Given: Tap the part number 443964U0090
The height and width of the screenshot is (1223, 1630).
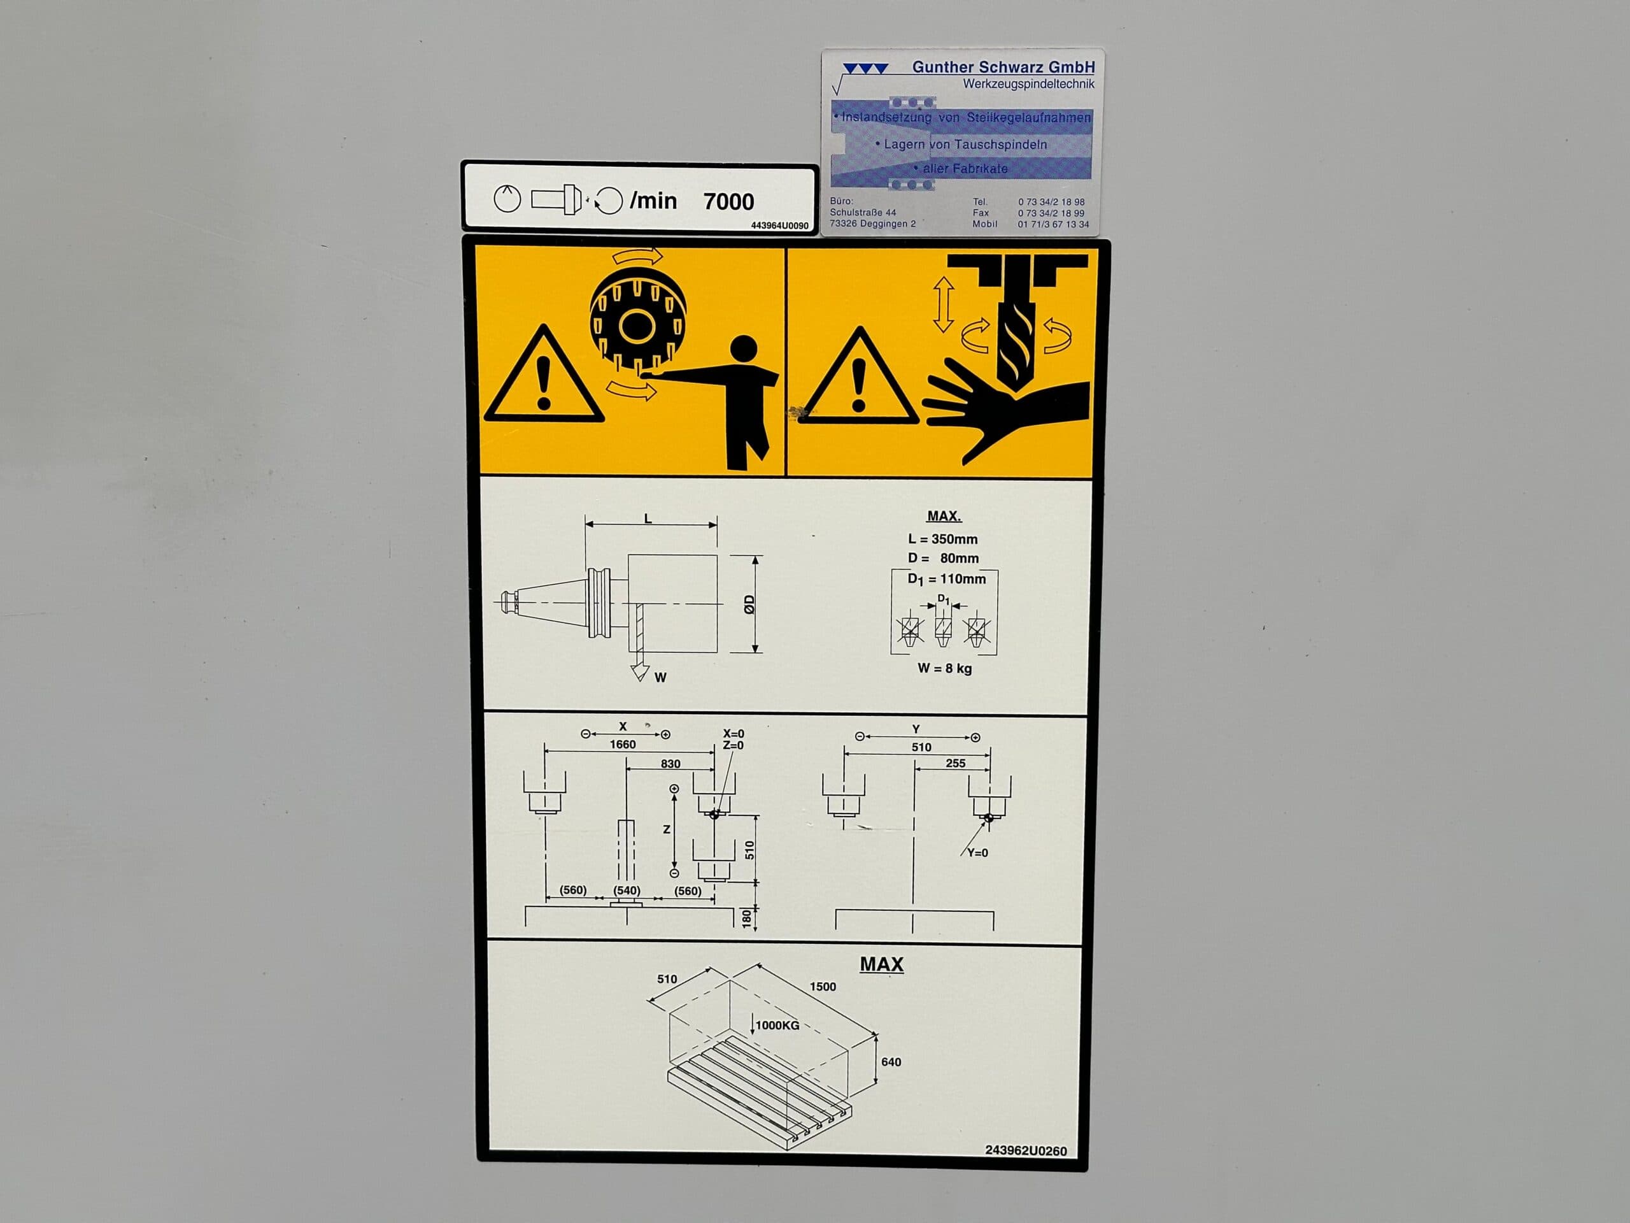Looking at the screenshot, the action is point(779,225).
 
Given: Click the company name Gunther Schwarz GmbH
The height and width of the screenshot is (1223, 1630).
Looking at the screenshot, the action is point(1003,67).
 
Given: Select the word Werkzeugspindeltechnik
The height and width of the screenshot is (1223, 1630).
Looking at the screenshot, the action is point(1029,84).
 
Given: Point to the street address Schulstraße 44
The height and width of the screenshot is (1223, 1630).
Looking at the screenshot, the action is point(863,212).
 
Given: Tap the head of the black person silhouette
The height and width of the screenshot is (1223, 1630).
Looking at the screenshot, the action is point(744,351).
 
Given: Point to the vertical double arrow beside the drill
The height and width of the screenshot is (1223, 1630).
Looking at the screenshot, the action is point(943,304).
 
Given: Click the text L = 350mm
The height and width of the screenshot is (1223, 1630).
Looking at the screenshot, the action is point(942,539).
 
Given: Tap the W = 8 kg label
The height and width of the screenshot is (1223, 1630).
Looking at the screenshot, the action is point(945,669).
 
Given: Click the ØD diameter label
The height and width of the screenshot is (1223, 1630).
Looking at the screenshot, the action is point(749,604).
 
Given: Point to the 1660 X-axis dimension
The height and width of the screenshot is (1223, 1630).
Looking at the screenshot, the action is point(623,745).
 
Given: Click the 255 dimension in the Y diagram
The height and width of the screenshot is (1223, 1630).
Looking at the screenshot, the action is point(955,763).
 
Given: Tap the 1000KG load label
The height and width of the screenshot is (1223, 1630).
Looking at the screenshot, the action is point(777,1025).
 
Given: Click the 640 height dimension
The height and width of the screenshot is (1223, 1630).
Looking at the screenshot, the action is point(891,1062).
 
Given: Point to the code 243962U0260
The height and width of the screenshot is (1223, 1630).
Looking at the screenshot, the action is point(1026,1152).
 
